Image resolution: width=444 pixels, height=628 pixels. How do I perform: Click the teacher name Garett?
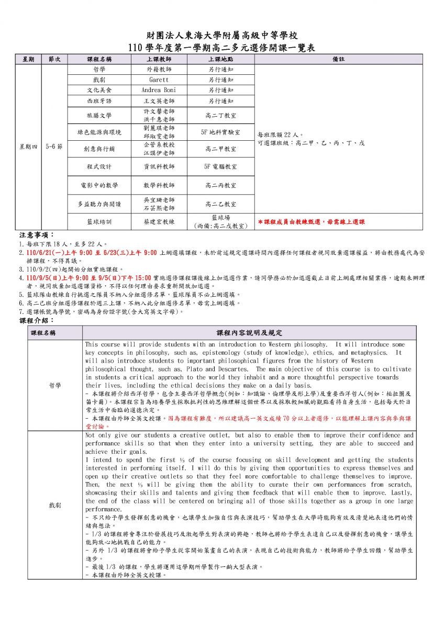pyautogui.click(x=159, y=80)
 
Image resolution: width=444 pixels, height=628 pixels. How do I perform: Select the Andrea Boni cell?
pyautogui.click(x=159, y=90)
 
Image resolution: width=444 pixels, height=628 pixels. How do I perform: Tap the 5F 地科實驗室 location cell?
pyautogui.click(x=220, y=132)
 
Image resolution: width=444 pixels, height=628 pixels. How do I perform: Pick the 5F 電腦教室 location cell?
pyautogui.click(x=220, y=166)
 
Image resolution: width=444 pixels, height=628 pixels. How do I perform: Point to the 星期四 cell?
pyautogui.click(x=28, y=147)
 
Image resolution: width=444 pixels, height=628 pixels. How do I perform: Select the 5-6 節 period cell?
pyautogui.click(x=54, y=147)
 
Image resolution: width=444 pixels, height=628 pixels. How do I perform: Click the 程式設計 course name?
pyautogui.click(x=99, y=166)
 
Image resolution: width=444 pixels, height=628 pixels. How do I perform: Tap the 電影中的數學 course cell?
pyautogui.click(x=99, y=185)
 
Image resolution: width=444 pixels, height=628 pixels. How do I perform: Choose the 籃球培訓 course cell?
pyautogui.click(x=99, y=222)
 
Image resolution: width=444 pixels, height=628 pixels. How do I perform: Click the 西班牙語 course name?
pyautogui.click(x=99, y=100)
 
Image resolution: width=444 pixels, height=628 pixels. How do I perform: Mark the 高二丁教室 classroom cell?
pyautogui.click(x=220, y=115)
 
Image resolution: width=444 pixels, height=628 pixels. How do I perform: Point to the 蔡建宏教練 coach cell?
pyautogui.click(x=159, y=222)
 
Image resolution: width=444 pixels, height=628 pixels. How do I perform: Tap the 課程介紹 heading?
pyautogui.click(x=34, y=320)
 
